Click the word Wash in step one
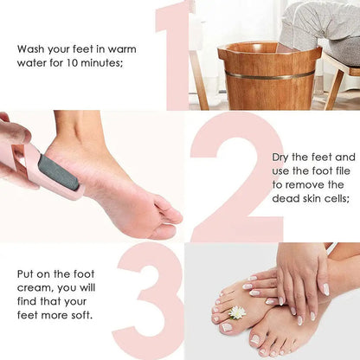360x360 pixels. (x=31, y=48)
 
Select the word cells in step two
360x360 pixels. (x=334, y=199)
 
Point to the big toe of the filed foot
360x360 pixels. (x=170, y=212)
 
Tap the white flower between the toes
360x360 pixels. (x=236, y=312)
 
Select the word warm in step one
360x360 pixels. (x=119, y=48)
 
